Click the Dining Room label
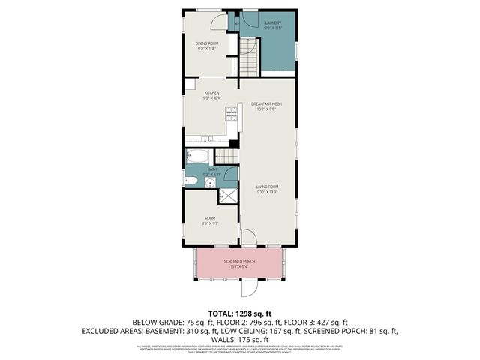pyautogui.click(x=206, y=43)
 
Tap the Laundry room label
pyautogui.click(x=273, y=23)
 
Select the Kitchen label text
pyautogui.click(x=212, y=93)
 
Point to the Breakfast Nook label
pyautogui.click(x=266, y=103)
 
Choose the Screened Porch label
pyautogui.click(x=240, y=262)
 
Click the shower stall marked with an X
pyautogui.click(x=227, y=196)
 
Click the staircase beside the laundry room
pyautogui.click(x=247, y=53)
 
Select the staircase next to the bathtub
pyautogui.click(x=226, y=156)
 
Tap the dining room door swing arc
pyautogui.click(x=216, y=23)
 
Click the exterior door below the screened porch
pyautogui.click(x=248, y=289)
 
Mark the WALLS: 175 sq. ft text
pyautogui.click(x=240, y=338)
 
